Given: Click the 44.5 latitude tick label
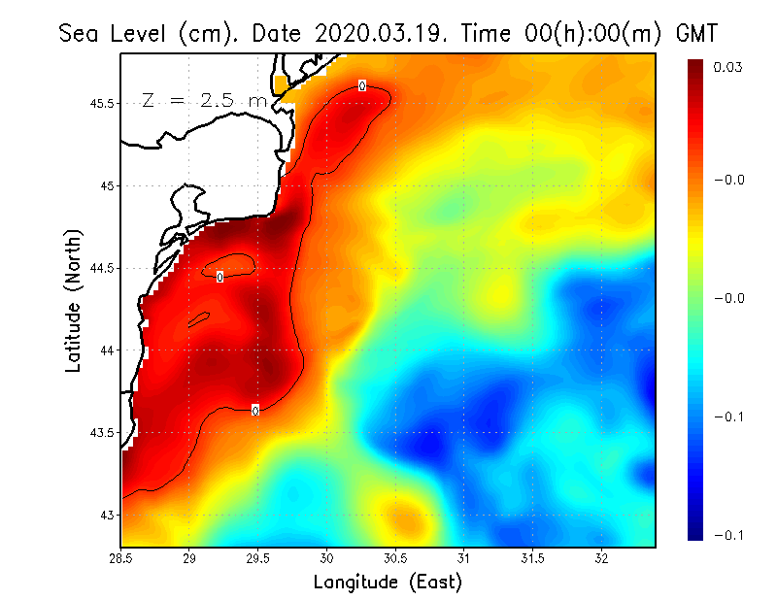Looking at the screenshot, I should coord(102,268).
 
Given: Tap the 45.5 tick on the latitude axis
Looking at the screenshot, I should coord(102,103).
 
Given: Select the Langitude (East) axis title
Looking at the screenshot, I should coord(388,583).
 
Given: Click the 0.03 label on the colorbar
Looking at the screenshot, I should coord(728,67).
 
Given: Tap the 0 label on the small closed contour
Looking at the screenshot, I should coord(220,277).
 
